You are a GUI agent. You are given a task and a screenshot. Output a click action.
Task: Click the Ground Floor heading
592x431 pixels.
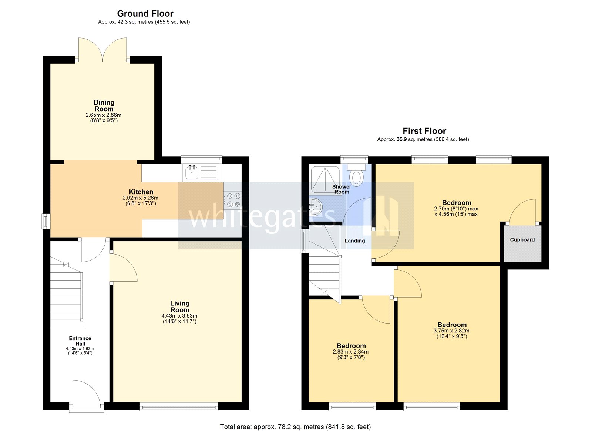[145, 14]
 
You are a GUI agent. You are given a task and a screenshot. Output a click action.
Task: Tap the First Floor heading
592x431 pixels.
[424, 131]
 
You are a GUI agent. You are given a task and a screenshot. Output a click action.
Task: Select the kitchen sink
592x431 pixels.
[192, 172]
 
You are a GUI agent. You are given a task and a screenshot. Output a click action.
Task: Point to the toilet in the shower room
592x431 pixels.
[356, 176]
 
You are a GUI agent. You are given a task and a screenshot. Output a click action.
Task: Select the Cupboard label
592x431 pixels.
[522, 240]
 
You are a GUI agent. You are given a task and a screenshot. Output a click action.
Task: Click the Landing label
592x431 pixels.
[354, 241]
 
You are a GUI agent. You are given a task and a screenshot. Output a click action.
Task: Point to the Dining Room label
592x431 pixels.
[104, 106]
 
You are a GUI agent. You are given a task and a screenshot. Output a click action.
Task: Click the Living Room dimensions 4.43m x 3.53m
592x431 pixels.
[179, 316]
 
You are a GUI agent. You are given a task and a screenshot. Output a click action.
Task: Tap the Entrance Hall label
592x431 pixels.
[80, 341]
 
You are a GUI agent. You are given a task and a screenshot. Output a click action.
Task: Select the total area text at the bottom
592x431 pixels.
[295, 427]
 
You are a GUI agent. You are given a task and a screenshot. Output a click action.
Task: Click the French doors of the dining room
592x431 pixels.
[102, 50]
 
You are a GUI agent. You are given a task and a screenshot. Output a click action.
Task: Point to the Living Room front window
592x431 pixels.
[179, 407]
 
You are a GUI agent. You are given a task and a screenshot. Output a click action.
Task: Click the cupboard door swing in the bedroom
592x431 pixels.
[522, 212]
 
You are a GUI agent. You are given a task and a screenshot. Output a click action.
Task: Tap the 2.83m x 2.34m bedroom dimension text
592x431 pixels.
[350, 352]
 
